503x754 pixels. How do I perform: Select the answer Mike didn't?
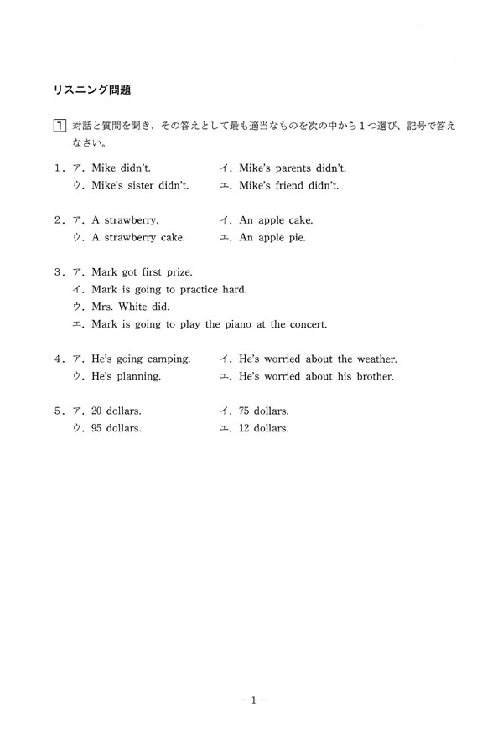(122, 168)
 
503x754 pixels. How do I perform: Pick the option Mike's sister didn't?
(140, 185)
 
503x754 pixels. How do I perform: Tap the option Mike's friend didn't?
(288, 185)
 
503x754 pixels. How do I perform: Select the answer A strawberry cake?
(138, 237)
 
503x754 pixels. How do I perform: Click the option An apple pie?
(272, 237)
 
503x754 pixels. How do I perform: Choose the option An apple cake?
(276, 220)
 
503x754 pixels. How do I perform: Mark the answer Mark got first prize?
(142, 272)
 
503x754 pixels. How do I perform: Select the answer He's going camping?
(141, 359)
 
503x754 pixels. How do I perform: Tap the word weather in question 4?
(376, 359)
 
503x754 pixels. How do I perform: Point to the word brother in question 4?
(374, 376)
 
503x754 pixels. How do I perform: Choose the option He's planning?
(126, 376)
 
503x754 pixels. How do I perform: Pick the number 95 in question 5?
(97, 428)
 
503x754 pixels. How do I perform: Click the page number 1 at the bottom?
(251, 697)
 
